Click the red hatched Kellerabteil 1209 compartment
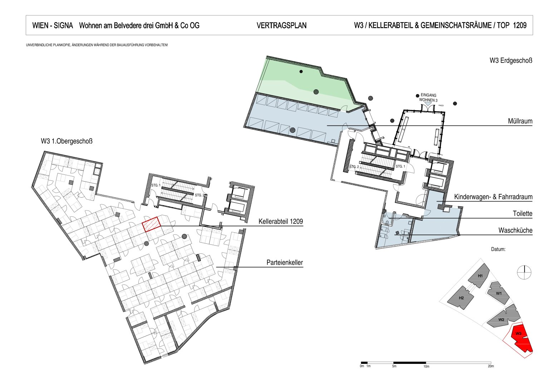pos(151,224)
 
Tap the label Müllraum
pos(520,121)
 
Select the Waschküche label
pos(515,230)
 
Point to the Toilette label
pos(522,213)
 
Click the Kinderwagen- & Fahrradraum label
pos(493,197)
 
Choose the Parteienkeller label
pos(285,262)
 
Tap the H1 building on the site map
pos(479,276)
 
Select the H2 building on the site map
pos(460,298)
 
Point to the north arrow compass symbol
pos(524,272)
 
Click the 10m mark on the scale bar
pos(426,366)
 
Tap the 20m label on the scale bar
pos(491,366)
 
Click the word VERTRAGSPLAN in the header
pos(281,25)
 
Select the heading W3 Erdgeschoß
pos(511,60)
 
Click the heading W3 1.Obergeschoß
pos(67,141)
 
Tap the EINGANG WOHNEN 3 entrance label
pos(428,98)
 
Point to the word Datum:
pos(498,249)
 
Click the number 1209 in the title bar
pos(520,25)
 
